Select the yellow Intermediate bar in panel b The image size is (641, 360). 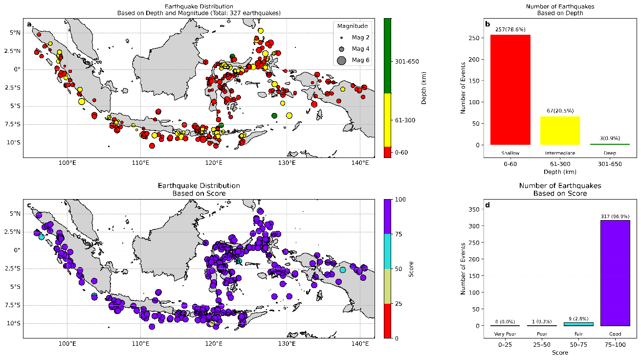pos(559,130)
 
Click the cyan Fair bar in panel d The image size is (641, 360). pos(578,324)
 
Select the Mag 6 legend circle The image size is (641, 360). pos(341,60)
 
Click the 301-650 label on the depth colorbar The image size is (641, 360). pos(406,62)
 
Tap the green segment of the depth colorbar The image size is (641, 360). pos(387,55)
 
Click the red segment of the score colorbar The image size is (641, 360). pos(387,321)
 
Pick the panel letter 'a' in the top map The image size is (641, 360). pos(30,24)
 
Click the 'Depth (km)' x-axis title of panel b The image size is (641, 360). pos(559,171)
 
